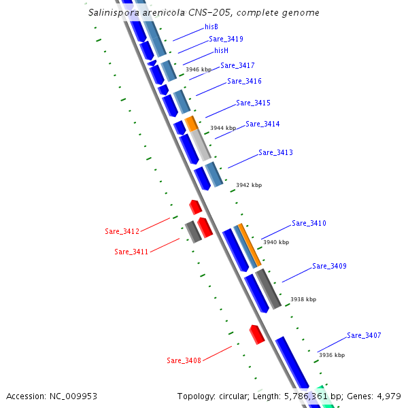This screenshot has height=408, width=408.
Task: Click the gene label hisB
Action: click(x=211, y=27)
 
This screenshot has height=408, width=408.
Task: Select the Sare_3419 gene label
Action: click(x=226, y=39)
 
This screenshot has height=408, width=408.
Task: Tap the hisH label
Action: click(x=221, y=50)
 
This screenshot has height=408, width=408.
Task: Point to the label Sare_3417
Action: click(x=237, y=66)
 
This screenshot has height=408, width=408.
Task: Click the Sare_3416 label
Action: click(x=244, y=82)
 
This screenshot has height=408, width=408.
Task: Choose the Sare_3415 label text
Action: click(x=253, y=103)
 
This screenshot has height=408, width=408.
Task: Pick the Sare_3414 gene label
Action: click(x=262, y=124)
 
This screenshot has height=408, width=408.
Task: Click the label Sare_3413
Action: click(x=275, y=153)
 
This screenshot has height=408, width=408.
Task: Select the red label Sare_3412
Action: click(x=122, y=232)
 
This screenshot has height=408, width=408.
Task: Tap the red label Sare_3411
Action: click(x=131, y=252)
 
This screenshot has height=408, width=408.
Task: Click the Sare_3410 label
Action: click(x=309, y=224)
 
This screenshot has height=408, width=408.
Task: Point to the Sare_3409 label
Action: click(x=329, y=267)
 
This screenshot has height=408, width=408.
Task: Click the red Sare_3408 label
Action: click(x=184, y=360)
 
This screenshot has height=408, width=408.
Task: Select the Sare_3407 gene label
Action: click(x=364, y=336)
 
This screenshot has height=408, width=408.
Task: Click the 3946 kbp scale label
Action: click(x=199, y=69)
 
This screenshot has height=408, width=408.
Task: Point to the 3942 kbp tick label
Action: click(x=248, y=185)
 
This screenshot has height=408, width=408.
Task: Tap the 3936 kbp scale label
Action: click(x=331, y=355)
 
